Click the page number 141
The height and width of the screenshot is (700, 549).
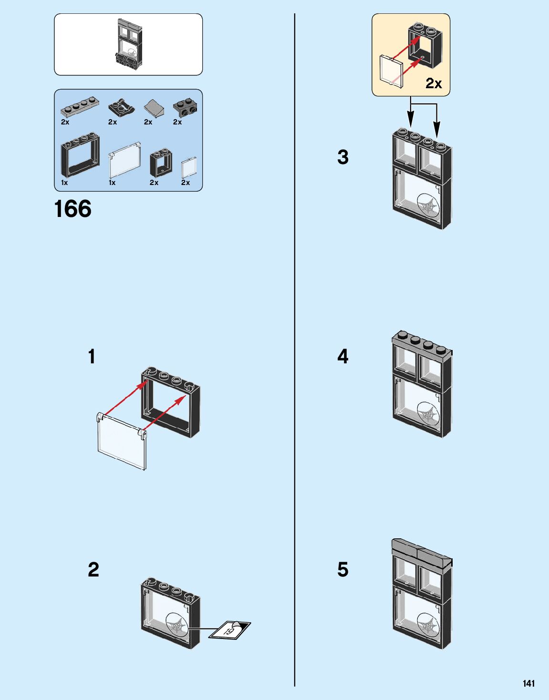tap(528, 683)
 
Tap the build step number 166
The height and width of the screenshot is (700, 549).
tap(73, 209)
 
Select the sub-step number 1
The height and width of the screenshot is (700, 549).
tap(92, 356)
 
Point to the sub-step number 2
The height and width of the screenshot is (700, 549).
tap(93, 569)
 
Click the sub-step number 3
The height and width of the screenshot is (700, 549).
tap(343, 157)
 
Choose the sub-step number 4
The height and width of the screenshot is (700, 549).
tap(343, 356)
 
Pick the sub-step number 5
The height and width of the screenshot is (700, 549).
tap(343, 569)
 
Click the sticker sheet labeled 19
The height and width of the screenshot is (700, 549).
tap(230, 630)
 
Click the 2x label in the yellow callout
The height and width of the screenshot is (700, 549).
tap(434, 83)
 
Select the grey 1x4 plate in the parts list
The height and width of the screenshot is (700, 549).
tap(79, 107)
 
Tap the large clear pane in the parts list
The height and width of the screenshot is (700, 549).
tap(124, 160)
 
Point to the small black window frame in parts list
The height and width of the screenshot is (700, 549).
tap(161, 164)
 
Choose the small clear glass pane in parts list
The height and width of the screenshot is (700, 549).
tap(188, 168)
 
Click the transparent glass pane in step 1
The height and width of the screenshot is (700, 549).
tap(121, 442)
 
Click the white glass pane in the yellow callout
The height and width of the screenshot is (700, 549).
tap(391, 72)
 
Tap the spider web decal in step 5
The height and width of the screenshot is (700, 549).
tap(428, 625)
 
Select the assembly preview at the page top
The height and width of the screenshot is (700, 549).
tap(129, 45)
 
